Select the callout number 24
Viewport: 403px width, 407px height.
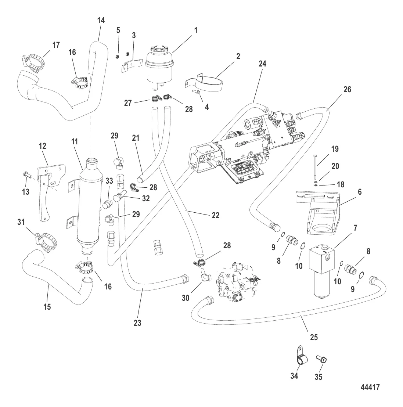(x=262, y=64)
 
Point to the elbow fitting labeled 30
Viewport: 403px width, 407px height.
(x=203, y=276)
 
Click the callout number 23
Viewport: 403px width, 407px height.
(x=137, y=323)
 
